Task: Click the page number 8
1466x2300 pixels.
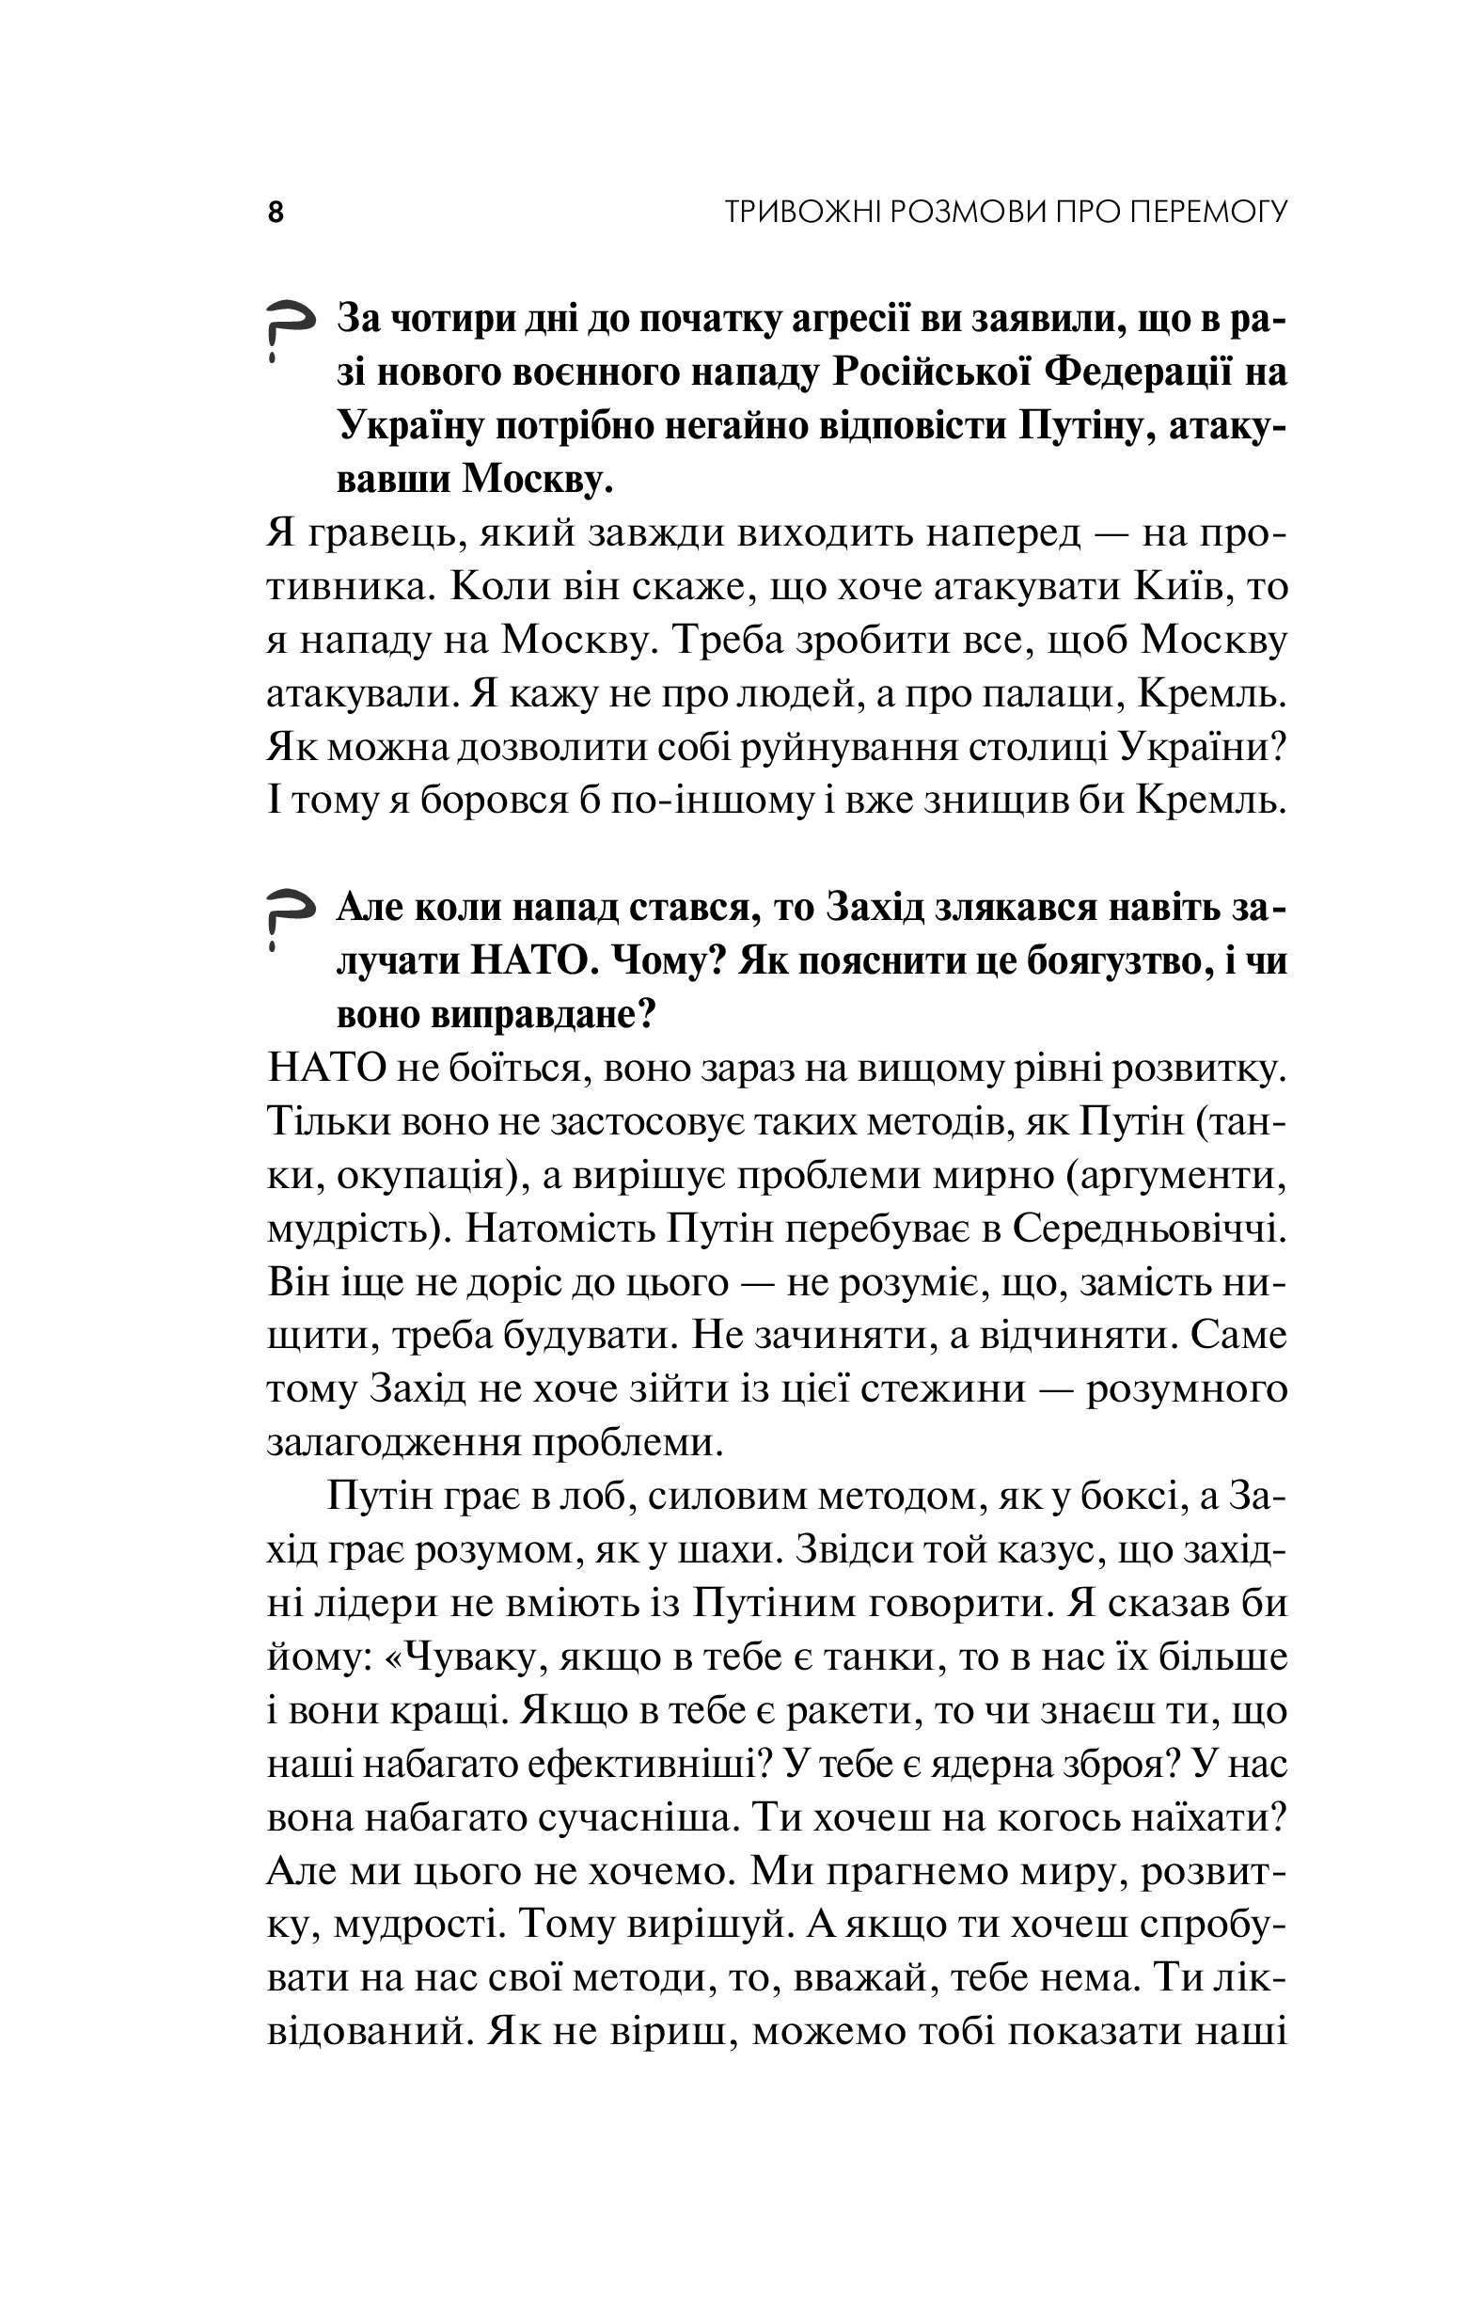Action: click(276, 212)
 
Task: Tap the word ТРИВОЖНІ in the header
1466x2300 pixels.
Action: click(803, 211)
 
